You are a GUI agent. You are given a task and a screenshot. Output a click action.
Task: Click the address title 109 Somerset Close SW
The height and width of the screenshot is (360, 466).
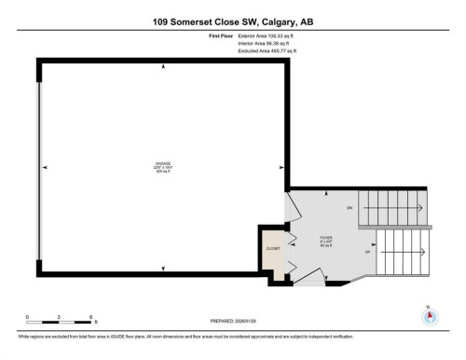(x=233, y=17)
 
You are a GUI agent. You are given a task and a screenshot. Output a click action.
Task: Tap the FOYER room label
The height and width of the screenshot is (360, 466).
(x=326, y=239)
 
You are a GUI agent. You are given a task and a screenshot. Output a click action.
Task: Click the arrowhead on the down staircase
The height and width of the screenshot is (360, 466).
(x=420, y=206)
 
